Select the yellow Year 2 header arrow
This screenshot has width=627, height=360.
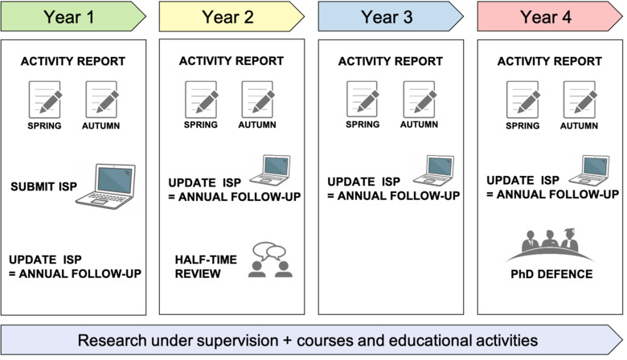tap(232, 15)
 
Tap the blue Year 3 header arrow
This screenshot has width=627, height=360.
tap(391, 15)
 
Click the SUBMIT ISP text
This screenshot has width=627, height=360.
tap(43, 186)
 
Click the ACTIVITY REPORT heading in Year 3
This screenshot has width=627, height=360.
tap(391, 60)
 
